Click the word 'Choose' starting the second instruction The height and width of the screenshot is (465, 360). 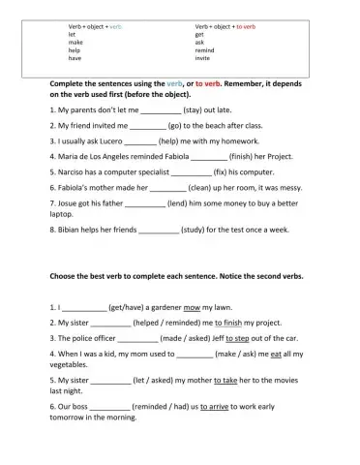pyautogui.click(x=67, y=276)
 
